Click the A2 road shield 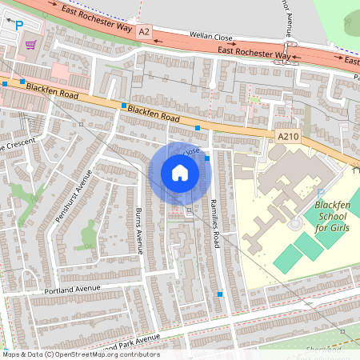click(143, 31)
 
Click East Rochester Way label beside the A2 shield click(95, 18)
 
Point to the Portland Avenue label click(72, 289)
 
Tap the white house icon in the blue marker click(179, 173)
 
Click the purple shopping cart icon click(31, 45)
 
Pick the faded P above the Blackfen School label click(321, 194)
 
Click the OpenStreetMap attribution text click(80, 354)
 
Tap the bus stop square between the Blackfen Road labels click(123, 106)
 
